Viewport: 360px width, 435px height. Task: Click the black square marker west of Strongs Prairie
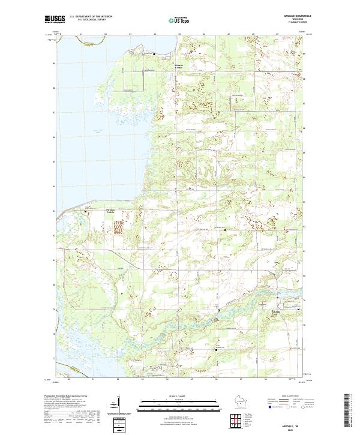pos(85,211)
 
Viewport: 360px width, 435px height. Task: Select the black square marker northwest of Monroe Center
pos(154,55)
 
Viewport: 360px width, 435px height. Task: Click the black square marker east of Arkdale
pos(298,309)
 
